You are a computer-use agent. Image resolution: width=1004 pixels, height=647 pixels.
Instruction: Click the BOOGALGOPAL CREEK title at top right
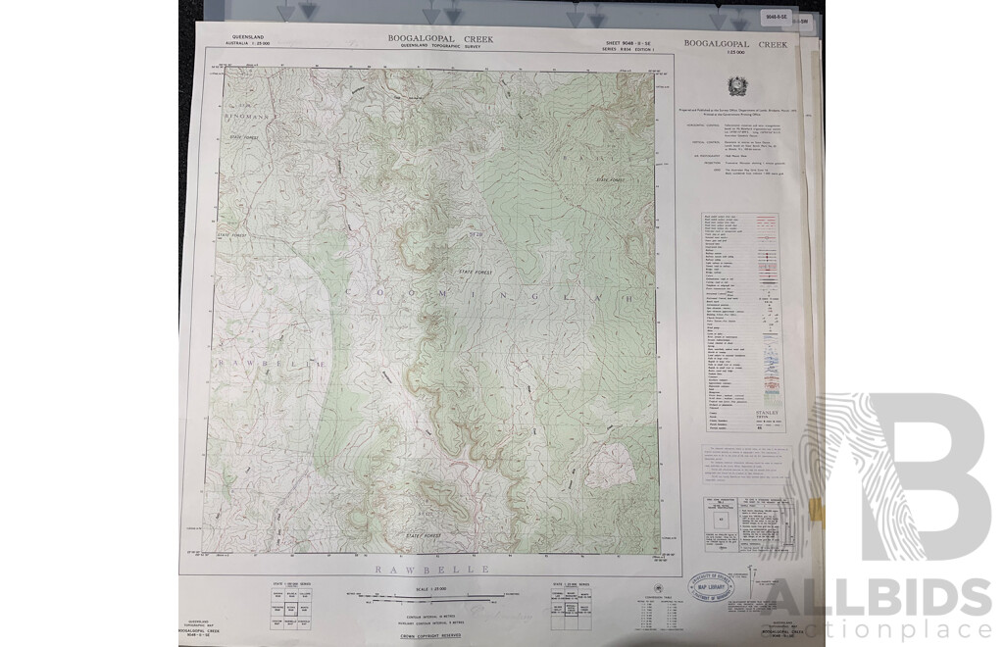[735, 44]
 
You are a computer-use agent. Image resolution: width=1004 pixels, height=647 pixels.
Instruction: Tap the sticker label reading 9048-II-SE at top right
[776, 17]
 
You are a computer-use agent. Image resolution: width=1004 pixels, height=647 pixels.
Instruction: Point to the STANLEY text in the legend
[767, 414]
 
